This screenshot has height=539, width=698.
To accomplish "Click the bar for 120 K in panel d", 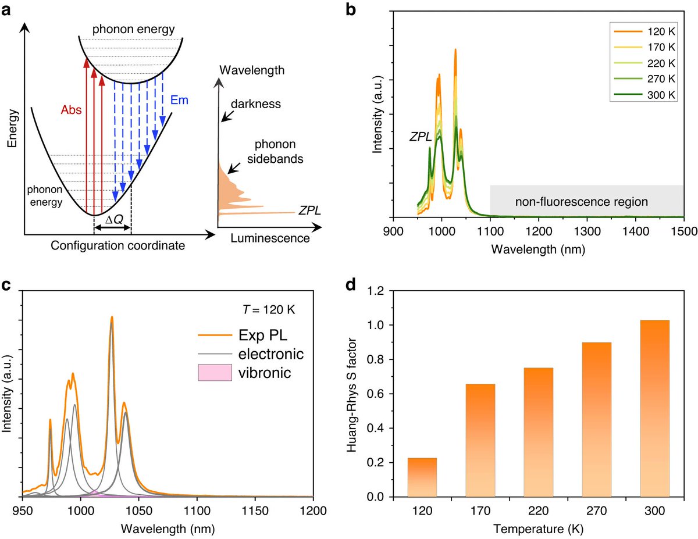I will (422, 477).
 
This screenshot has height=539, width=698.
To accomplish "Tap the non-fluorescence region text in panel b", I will (581, 202).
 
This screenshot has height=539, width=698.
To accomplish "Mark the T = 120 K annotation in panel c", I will (269, 309).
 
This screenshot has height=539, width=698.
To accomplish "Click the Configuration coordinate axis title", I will (117, 245).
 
